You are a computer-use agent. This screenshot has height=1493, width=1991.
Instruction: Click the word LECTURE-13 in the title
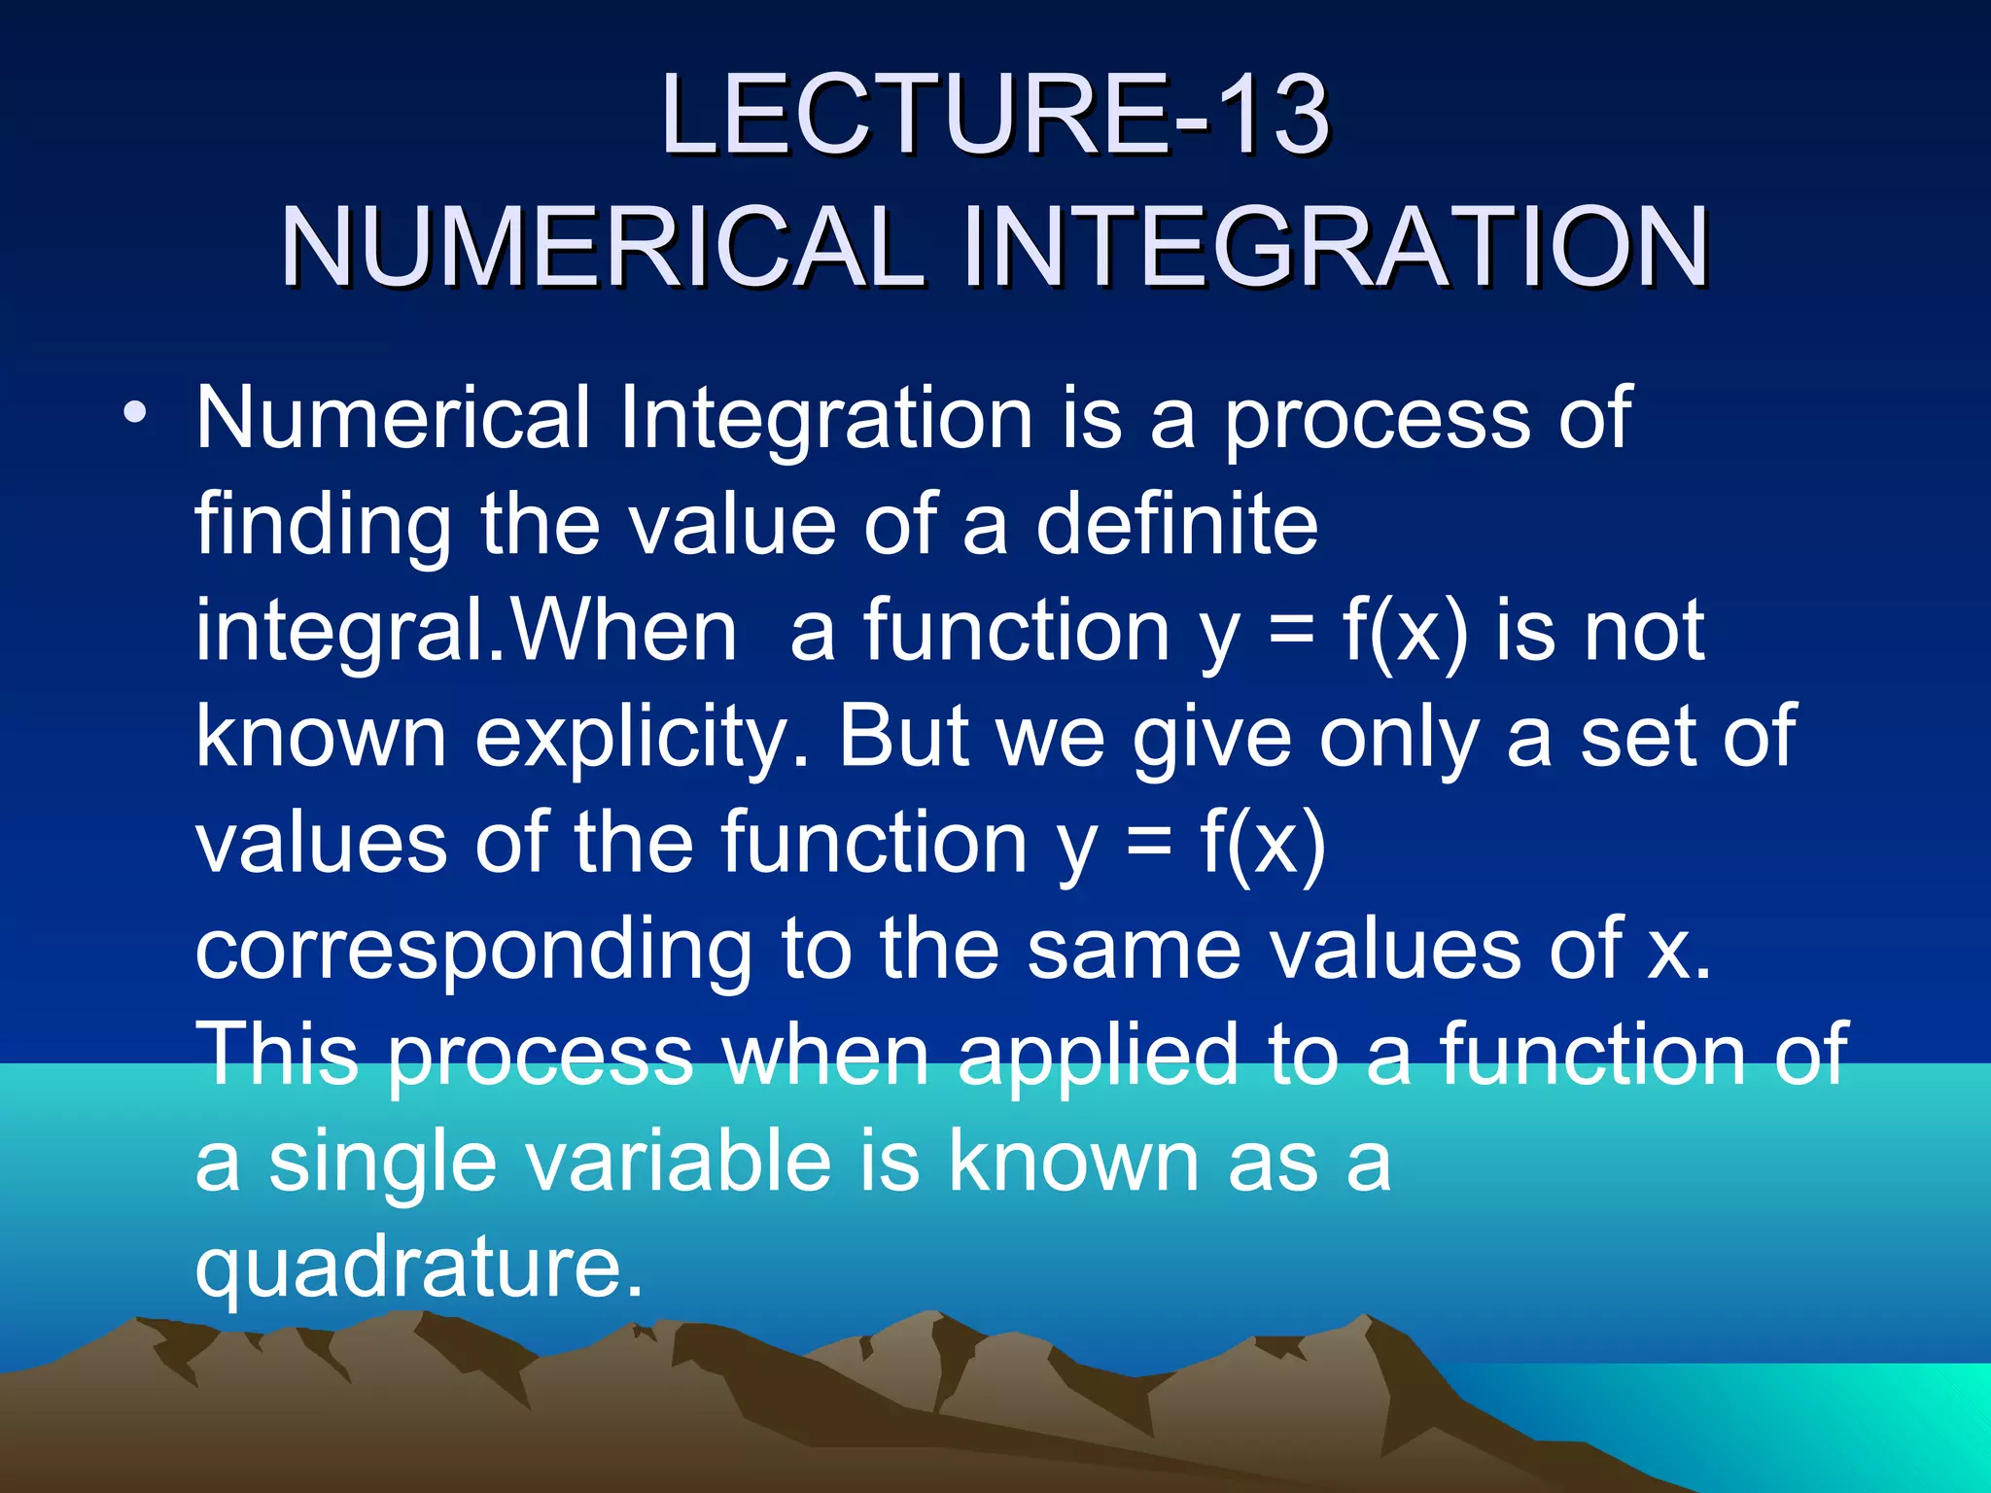coord(994,117)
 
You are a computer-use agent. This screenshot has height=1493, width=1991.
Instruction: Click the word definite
coord(1176,524)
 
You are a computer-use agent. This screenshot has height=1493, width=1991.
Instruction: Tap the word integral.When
coord(467,632)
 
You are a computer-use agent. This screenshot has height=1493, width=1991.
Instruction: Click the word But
coord(904,736)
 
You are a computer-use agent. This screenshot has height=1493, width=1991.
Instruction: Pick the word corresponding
coord(473,951)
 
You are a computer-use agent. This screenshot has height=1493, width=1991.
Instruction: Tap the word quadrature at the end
coord(418,1267)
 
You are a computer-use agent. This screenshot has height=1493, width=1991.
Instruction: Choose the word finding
coord(323,526)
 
